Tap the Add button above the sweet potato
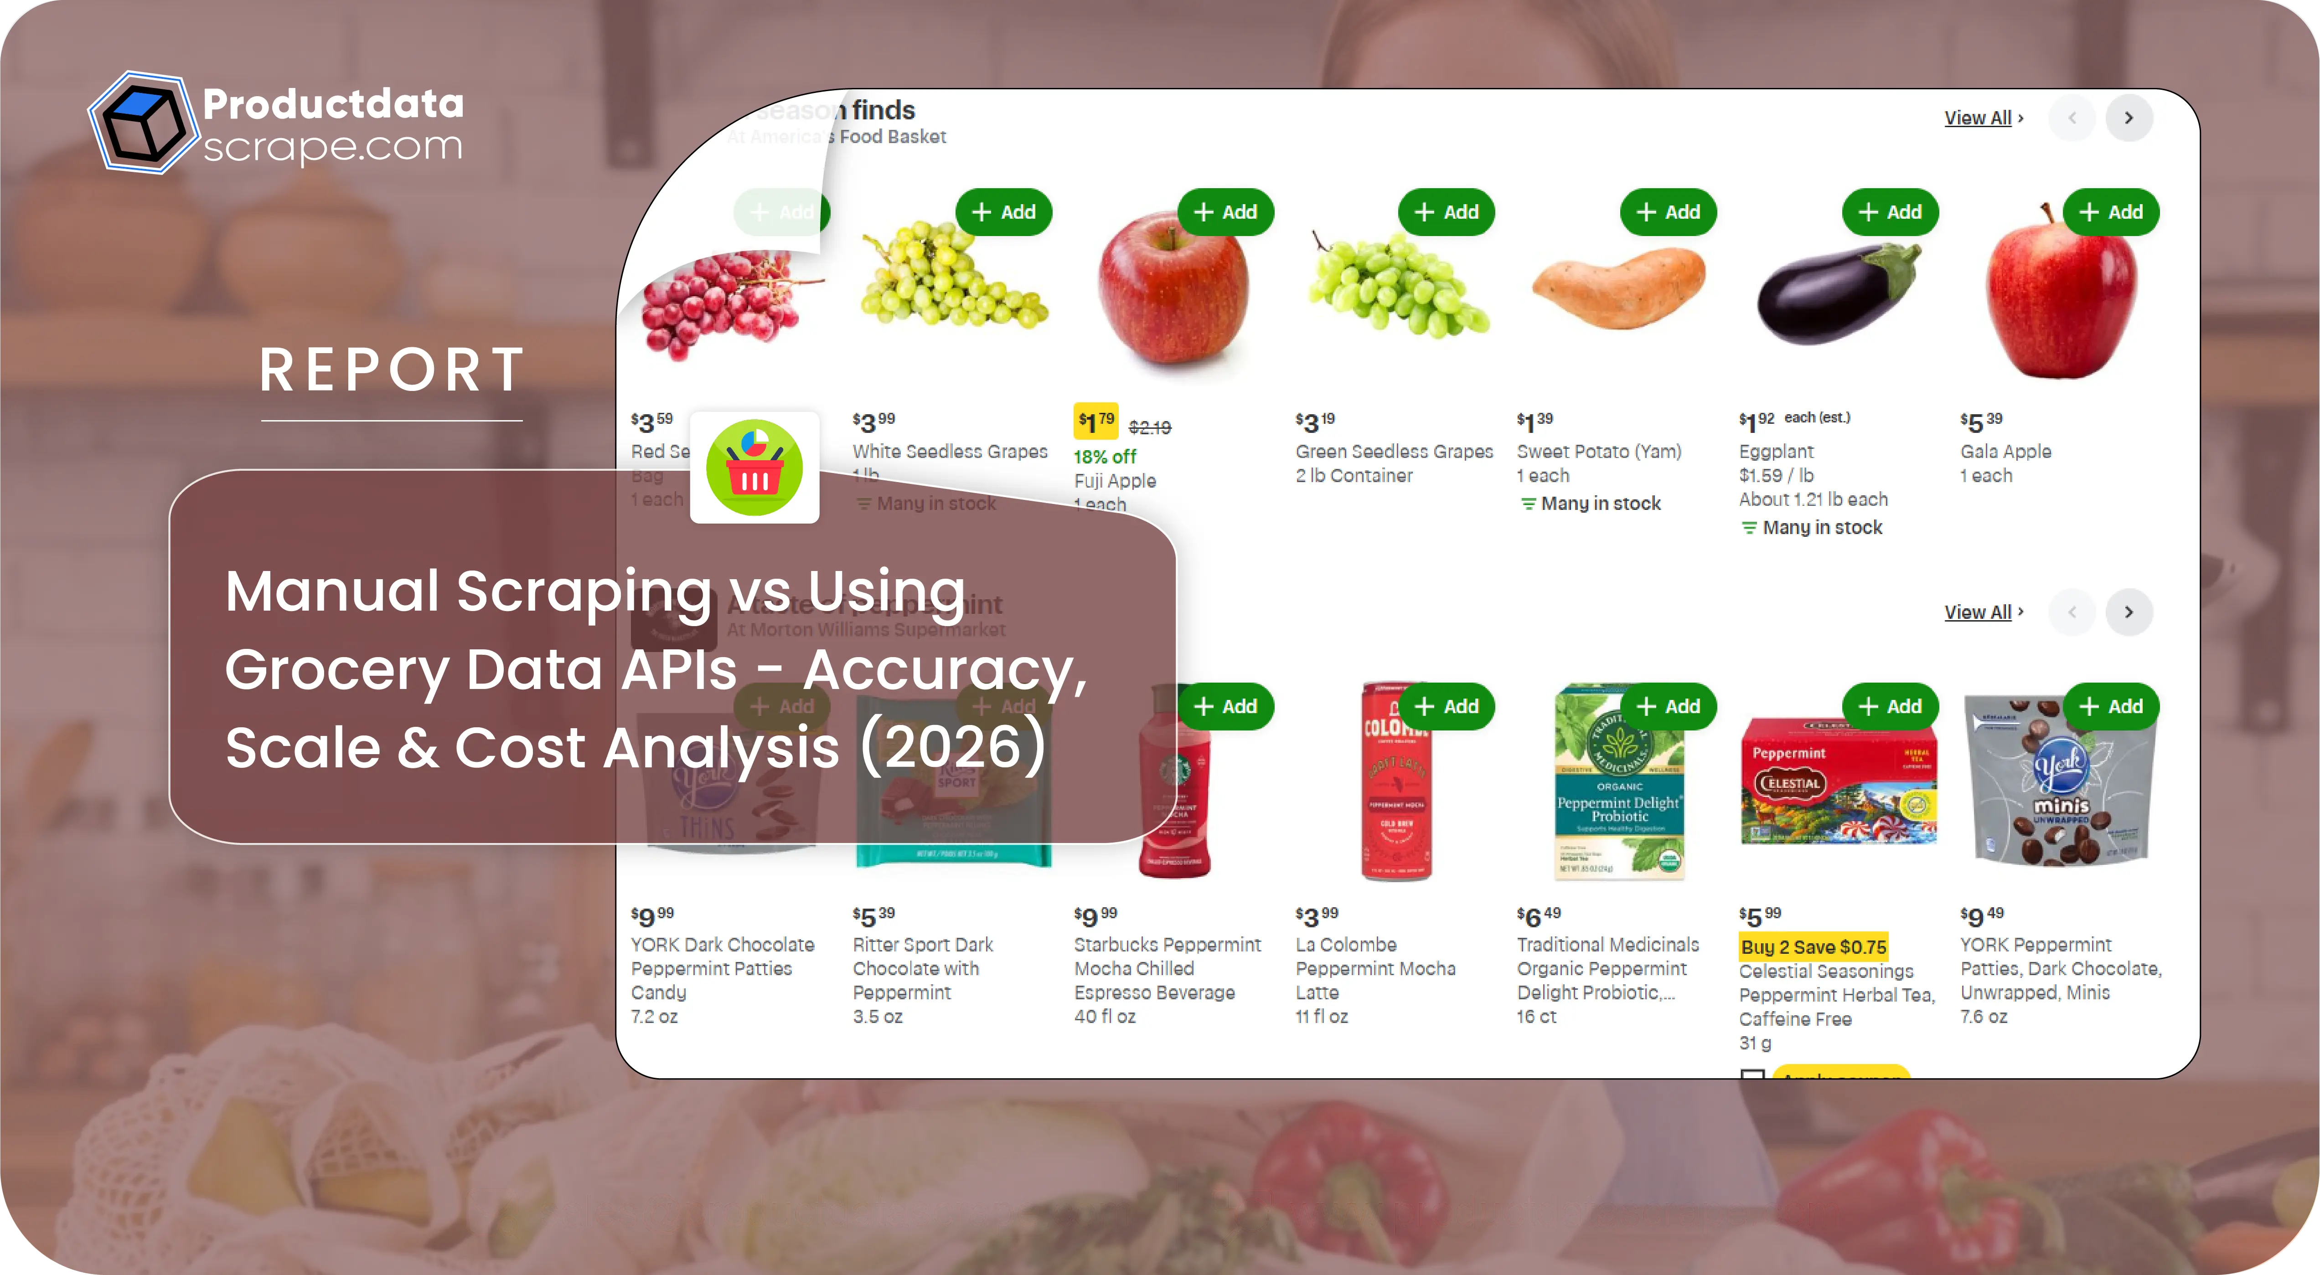[1668, 212]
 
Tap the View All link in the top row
[1978, 118]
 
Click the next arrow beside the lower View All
[2128, 612]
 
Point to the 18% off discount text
[1105, 457]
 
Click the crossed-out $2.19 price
[1150, 428]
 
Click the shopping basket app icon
[755, 468]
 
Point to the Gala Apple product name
[2006, 451]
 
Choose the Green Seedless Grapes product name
[1393, 451]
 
